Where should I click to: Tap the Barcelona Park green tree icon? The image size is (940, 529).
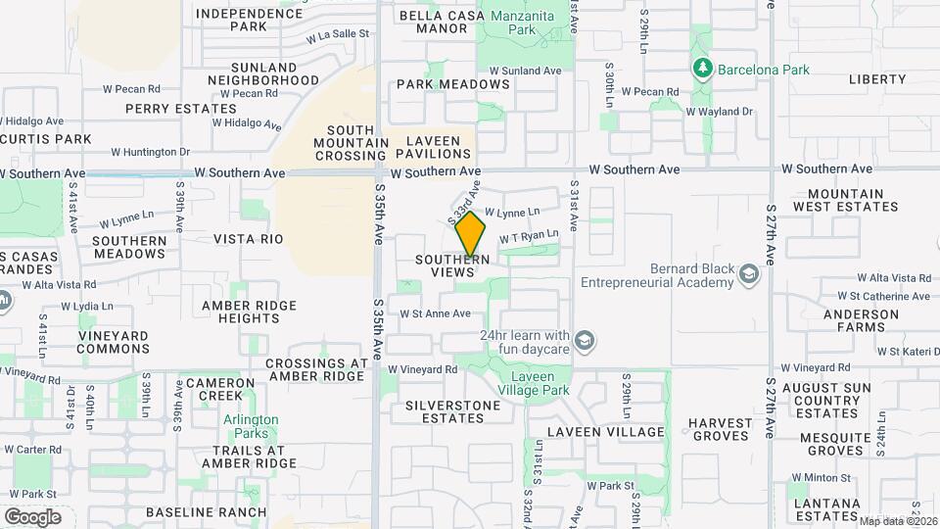tap(701, 69)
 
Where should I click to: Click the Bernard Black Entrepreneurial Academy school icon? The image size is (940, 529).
tap(750, 273)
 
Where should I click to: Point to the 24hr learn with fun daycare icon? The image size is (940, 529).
tap(585, 340)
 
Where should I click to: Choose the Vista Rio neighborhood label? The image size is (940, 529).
tap(248, 239)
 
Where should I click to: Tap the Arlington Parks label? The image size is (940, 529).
tap(251, 426)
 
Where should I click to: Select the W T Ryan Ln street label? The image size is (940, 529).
tap(528, 237)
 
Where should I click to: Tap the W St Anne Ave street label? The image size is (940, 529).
tap(435, 313)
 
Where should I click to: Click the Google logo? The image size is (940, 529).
tap(32, 517)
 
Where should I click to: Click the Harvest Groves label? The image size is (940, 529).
tap(720, 430)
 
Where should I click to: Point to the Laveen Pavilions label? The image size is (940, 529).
tap(434, 147)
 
